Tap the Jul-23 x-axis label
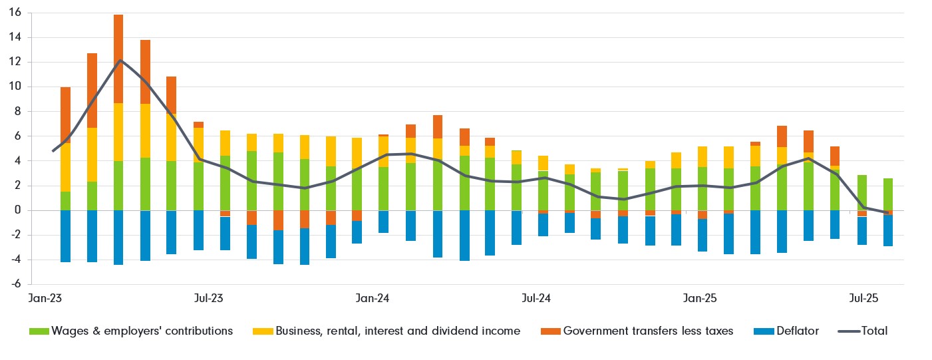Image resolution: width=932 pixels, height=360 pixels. pyautogui.click(x=208, y=299)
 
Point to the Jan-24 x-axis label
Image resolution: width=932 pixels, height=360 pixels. pyautogui.click(x=373, y=299)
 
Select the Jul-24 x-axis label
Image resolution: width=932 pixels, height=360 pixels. pyautogui.click(x=536, y=299)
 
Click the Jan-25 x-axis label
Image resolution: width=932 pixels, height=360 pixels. pyautogui.click(x=700, y=299)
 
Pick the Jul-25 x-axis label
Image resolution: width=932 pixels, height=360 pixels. pyautogui.click(x=864, y=299)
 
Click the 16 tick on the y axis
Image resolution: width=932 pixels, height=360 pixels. pyautogui.click(x=15, y=13)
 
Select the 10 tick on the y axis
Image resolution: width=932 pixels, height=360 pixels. pyautogui.click(x=15, y=87)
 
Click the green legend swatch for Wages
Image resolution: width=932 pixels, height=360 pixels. pyautogui.click(x=39, y=331)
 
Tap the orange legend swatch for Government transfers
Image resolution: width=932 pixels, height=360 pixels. pyautogui.click(x=550, y=331)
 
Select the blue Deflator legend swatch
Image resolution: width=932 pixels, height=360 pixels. pyautogui.click(x=763, y=331)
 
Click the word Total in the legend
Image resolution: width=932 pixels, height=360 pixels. pyautogui.click(x=874, y=331)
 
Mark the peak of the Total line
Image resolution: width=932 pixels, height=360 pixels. pyautogui.click(x=119, y=61)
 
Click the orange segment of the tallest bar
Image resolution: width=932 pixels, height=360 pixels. pyautogui.click(x=118, y=59)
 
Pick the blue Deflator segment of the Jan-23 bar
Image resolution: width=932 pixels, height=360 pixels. pyautogui.click(x=65, y=236)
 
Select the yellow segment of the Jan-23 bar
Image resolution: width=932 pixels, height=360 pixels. pyautogui.click(x=65, y=167)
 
